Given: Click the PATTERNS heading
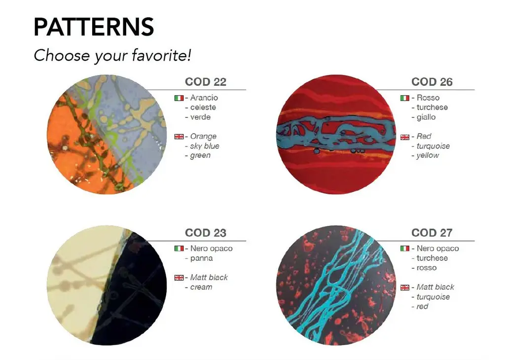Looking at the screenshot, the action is tap(94, 27).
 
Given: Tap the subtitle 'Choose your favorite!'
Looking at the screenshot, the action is tap(112, 55).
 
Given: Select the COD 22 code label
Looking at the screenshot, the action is tap(206, 82).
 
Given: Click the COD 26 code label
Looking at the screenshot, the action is tap(432, 82).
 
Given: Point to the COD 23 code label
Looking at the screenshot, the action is tap(206, 232).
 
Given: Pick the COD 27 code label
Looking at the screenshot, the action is tap(432, 232).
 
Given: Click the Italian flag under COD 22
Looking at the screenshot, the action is tap(179, 98).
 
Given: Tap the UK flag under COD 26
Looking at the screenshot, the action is tap(405, 137).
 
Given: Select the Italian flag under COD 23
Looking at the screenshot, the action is tap(179, 249).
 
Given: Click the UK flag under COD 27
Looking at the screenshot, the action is tap(405, 288).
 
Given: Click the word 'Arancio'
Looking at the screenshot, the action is tap(204, 98).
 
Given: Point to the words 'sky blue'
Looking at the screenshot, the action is tap(205, 146).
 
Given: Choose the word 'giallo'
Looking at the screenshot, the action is tap(426, 117).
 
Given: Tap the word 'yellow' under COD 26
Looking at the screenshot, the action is tap(428, 155).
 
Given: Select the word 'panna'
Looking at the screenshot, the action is tap(201, 258).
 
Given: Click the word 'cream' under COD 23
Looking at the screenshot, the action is tap(201, 287).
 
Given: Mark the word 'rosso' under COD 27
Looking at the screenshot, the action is tap(427, 268).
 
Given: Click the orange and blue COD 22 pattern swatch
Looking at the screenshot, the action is tap(107, 135).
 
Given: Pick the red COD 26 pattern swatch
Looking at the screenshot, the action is tap(336, 135).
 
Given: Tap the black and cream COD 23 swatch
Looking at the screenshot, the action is tap(107, 286).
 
